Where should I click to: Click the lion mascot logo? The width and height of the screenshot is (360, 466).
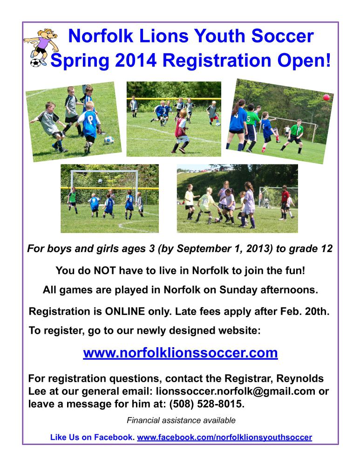tap(41, 47)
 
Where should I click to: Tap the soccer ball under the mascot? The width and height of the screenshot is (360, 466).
tap(35, 63)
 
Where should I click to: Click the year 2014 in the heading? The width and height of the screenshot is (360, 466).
tap(136, 60)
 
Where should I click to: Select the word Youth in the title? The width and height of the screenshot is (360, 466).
tap(219, 36)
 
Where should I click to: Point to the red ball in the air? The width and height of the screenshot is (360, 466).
tap(326, 97)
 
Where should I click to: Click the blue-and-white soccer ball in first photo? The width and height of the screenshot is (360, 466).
tap(109, 140)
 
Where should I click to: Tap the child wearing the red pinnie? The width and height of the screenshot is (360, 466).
tap(181, 131)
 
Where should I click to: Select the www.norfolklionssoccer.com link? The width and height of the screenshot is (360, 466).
tap(180, 353)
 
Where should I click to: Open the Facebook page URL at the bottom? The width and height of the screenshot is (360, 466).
tap(224, 437)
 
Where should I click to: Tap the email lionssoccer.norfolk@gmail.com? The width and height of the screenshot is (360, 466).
tap(236, 391)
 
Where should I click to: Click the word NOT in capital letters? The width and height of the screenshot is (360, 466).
tap(105, 270)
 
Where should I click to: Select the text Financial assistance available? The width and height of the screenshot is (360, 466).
tap(181, 420)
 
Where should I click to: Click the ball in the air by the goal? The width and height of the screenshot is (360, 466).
tap(101, 181)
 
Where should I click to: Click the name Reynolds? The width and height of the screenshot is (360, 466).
tap(300, 378)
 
